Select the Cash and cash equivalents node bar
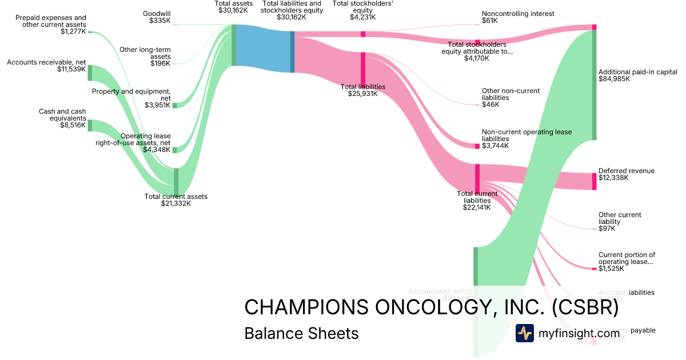click(x=90, y=125)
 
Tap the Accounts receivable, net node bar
click(x=90, y=73)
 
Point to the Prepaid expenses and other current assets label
click(x=51, y=25)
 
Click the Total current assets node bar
click(x=176, y=181)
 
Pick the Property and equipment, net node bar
click(x=175, y=105)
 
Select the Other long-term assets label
click(x=153, y=56)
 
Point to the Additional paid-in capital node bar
click(x=594, y=85)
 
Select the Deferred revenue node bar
click(x=594, y=181)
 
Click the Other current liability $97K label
click(x=620, y=222)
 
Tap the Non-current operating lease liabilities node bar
click(x=477, y=146)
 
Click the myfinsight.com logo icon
click(x=524, y=333)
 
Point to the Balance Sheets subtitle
click(x=301, y=333)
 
